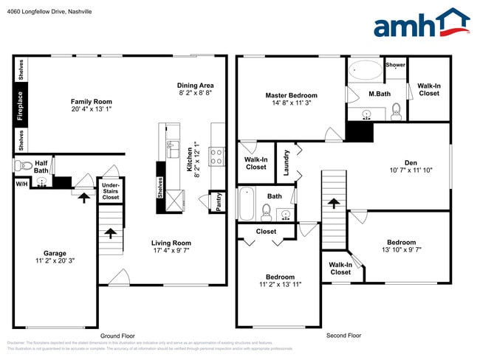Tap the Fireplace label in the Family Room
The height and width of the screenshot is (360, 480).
click(21, 105)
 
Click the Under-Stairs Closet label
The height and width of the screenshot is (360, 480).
click(110, 192)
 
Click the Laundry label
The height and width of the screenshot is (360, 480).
click(287, 163)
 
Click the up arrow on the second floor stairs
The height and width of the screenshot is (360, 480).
click(333, 203)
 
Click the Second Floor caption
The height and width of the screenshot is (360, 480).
click(344, 335)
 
